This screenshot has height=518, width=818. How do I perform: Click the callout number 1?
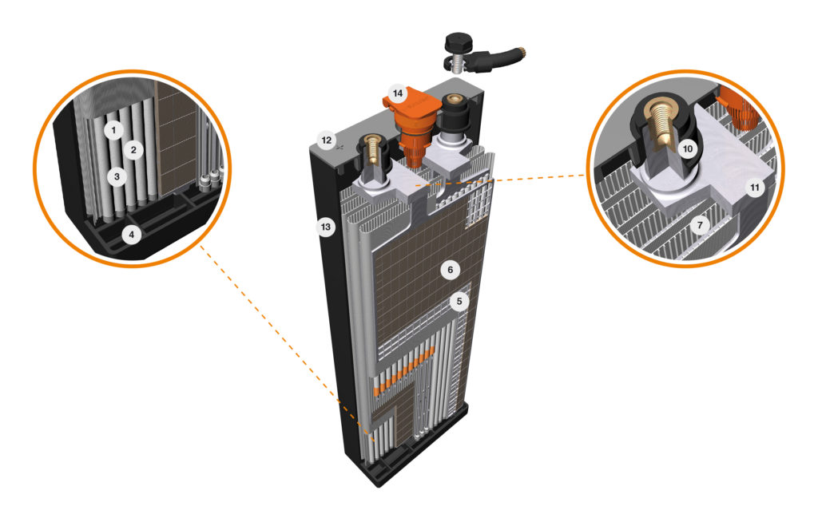[113, 129]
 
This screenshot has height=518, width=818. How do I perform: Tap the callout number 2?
[133, 150]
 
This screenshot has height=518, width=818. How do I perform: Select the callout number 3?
[117, 176]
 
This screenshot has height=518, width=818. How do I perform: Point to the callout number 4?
[132, 235]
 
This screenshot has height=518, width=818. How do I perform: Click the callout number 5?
[459, 301]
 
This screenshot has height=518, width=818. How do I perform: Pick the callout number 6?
[451, 270]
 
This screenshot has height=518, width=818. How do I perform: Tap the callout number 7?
[700, 225]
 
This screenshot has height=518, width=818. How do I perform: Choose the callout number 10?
[688, 149]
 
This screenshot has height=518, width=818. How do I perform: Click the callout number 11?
[755, 187]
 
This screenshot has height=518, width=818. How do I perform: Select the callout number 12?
[327, 140]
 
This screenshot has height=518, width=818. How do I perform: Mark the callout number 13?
[326, 227]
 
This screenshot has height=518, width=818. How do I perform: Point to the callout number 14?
[398, 93]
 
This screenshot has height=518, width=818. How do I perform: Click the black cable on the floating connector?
[495, 57]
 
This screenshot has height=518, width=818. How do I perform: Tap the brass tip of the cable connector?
[521, 52]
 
